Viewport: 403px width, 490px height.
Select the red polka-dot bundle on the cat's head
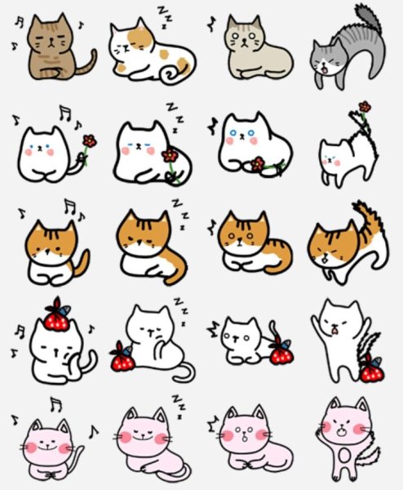point(56,318)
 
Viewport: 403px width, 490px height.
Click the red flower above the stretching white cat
point(365,107)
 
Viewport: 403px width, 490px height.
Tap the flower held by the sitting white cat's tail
point(89,141)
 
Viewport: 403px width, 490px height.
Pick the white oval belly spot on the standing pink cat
point(344,456)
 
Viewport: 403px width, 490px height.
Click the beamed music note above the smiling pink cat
point(56,405)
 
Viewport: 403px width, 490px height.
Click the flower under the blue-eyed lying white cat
point(258,164)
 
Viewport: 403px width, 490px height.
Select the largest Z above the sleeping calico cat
point(162,10)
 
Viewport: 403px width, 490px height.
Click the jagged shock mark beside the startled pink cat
point(213,424)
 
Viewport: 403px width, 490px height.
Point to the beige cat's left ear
point(232,24)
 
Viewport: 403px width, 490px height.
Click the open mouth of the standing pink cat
point(342,433)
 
